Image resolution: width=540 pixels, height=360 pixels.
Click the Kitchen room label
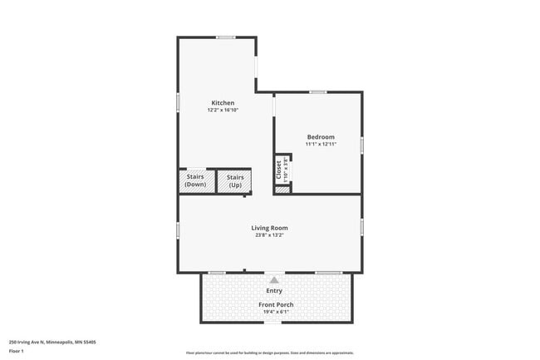coord(216,103)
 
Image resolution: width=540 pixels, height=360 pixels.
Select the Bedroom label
coord(321,137)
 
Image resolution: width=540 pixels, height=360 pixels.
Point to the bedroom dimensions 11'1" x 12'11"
coord(321,145)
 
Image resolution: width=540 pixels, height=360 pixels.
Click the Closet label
coord(279,170)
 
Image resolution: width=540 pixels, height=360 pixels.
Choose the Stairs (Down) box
coord(195,180)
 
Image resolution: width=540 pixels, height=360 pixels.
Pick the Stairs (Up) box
coord(235,180)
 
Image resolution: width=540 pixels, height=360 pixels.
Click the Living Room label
coord(270,228)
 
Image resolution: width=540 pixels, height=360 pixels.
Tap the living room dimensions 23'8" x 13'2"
coord(270,235)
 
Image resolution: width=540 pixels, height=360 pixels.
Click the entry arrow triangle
coord(274,280)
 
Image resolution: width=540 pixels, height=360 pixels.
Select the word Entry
coord(274,291)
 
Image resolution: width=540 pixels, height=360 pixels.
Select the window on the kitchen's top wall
coord(225,37)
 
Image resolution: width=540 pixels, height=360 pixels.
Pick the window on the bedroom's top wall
coord(317,92)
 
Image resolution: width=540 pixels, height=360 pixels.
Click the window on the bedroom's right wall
coord(361,144)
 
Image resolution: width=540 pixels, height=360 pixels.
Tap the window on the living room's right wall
coord(361,226)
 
